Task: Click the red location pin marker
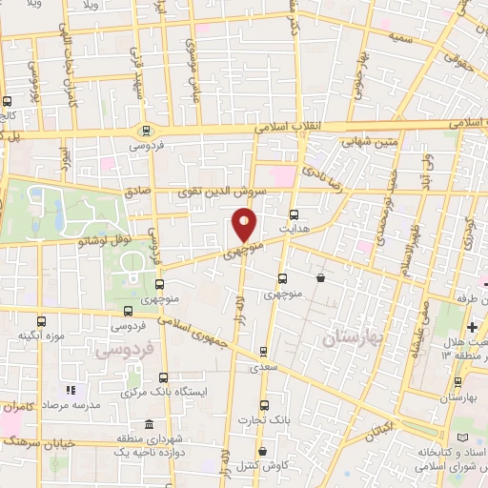(245, 225)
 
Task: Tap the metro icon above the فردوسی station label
(146, 131)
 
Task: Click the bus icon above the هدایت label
(293, 215)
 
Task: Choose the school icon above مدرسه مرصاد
(69, 391)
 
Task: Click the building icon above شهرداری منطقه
(147, 424)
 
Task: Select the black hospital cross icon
(474, 328)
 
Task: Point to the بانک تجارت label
(265, 419)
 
